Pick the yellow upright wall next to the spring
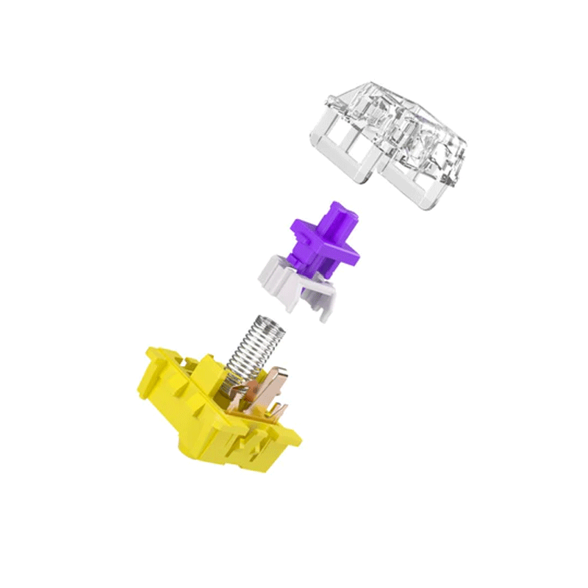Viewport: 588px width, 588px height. pyautogui.click(x=208, y=371)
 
